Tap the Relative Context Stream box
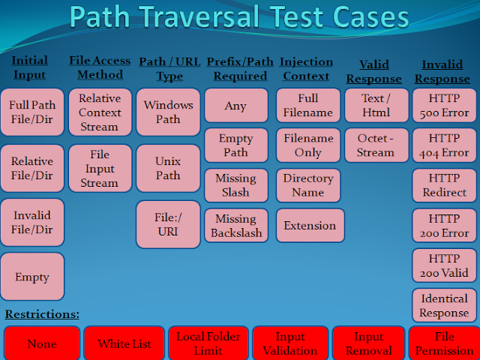click(x=100, y=112)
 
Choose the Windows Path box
click(x=168, y=112)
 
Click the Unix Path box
click(x=168, y=168)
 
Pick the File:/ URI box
click(x=168, y=224)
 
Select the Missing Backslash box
click(x=235, y=226)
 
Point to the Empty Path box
click(x=235, y=145)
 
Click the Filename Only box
click(x=308, y=145)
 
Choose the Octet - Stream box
click(x=376, y=145)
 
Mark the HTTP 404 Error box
click(x=444, y=145)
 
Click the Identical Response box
click(x=444, y=306)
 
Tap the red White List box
click(x=124, y=343)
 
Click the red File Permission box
click(x=444, y=343)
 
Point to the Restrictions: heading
click(x=42, y=313)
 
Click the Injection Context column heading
click(x=305, y=67)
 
